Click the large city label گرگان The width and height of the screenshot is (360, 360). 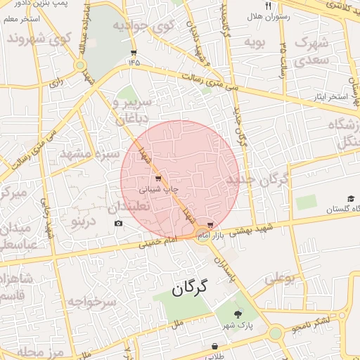click(191, 288)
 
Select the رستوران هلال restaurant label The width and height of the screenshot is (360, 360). click(269, 15)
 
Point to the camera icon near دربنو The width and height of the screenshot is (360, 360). click(118, 224)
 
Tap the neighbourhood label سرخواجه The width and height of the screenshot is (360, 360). click(91, 302)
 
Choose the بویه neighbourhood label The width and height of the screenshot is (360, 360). click(253, 43)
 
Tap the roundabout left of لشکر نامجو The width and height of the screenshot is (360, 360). click(275, 332)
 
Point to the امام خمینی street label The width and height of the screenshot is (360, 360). click(150, 244)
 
